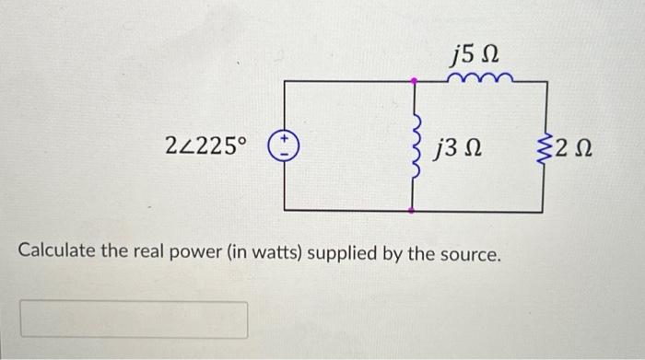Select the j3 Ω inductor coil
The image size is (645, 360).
coord(415,145)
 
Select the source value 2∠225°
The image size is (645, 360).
coord(206,145)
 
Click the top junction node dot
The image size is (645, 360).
coord(414,81)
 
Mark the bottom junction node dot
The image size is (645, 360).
coord(414,211)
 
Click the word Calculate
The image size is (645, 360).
coord(57,251)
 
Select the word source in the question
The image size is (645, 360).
coord(468,251)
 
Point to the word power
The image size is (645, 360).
coord(186,251)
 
